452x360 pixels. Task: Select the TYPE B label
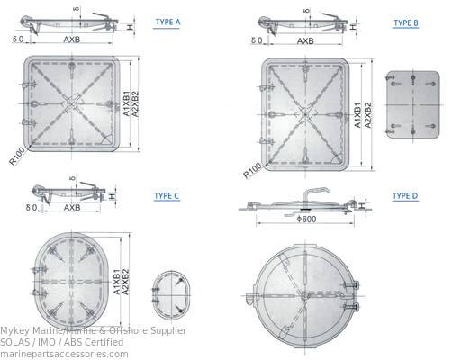[x=405, y=22]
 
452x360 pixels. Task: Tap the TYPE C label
[x=167, y=195]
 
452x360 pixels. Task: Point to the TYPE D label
[x=405, y=195]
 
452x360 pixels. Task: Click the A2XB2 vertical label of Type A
[x=136, y=106]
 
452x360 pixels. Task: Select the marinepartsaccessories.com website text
[x=64, y=354]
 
